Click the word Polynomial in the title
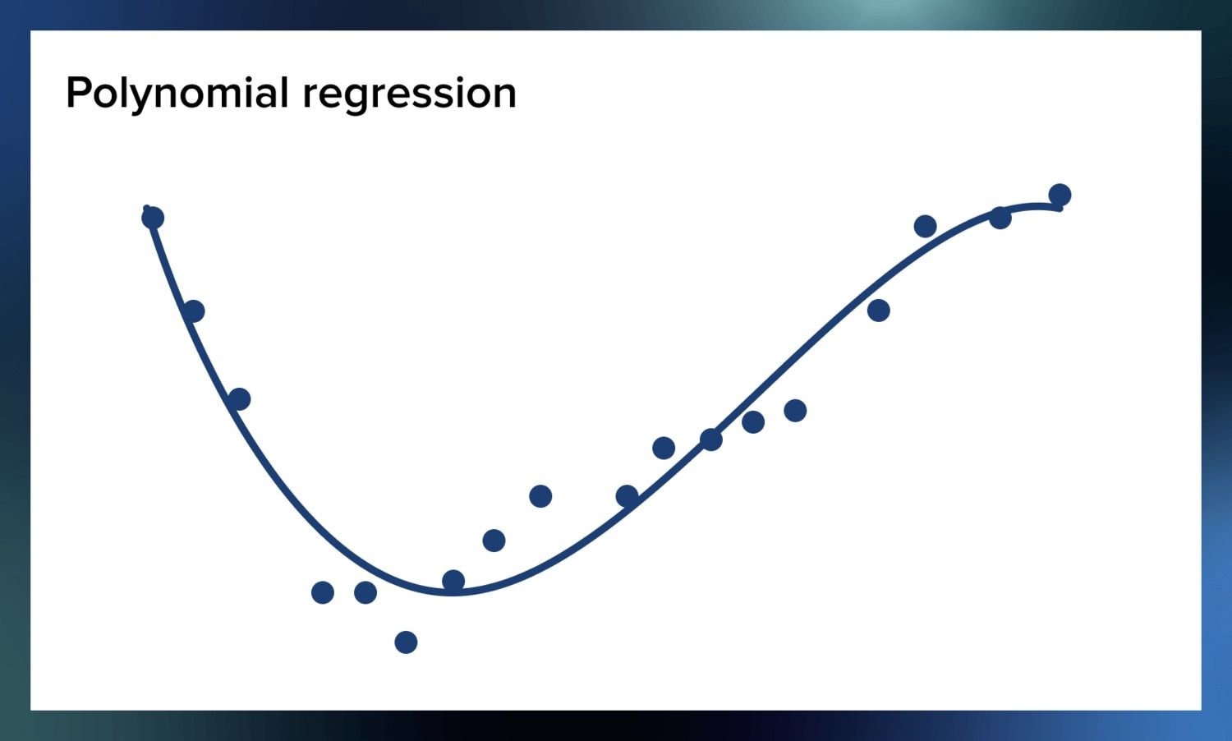point(177,93)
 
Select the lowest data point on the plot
point(406,642)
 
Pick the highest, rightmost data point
point(1060,195)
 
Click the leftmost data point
point(153,218)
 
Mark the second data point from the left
point(193,311)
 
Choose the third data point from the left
point(239,399)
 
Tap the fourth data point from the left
point(323,592)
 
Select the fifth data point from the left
point(365,592)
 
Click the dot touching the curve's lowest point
point(453,581)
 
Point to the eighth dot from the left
point(494,541)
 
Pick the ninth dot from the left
point(540,496)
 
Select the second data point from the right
point(1000,218)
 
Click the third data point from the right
point(925,226)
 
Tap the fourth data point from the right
point(879,311)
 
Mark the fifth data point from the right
point(795,410)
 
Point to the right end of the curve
point(1060,208)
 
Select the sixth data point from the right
point(753,422)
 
